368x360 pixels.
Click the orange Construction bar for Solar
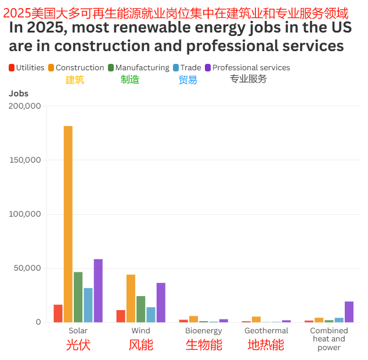pyautogui.click(x=68, y=224)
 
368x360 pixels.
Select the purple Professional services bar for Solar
pyautogui.click(x=98, y=290)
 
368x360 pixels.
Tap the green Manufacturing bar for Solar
pyautogui.click(x=78, y=297)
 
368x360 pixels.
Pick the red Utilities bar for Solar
pyautogui.click(x=58, y=313)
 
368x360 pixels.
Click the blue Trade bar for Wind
pyautogui.click(x=151, y=314)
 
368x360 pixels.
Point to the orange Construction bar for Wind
pyautogui.click(x=131, y=298)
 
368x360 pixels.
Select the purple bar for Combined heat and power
pyautogui.click(x=349, y=311)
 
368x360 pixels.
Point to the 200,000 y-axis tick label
pyautogui.click(x=25, y=106)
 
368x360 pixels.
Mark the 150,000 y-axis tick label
pyautogui.click(x=25, y=160)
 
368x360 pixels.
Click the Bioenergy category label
pyautogui.click(x=203, y=331)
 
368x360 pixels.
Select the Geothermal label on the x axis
pyautogui.click(x=266, y=331)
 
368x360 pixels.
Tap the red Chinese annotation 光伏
pyautogui.click(x=78, y=345)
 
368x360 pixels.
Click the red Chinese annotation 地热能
pyautogui.click(x=266, y=345)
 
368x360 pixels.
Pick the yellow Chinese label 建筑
pyautogui.click(x=75, y=80)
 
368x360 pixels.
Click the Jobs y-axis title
pyautogui.click(x=19, y=93)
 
